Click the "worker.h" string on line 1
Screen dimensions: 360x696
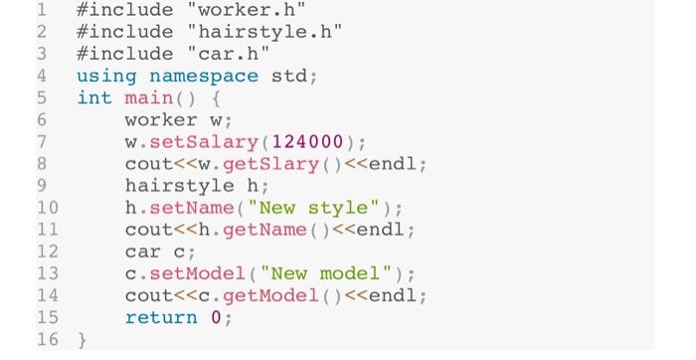(246, 11)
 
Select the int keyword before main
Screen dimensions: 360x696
(94, 98)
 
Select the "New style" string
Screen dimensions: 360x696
(324, 208)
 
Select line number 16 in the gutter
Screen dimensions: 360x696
(47, 340)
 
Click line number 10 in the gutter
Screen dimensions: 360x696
(47, 208)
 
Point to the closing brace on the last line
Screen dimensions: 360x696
(83, 340)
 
